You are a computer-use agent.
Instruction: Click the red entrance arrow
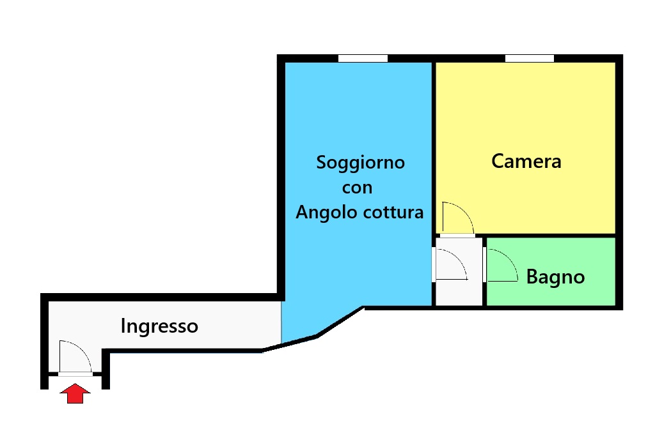[x=75, y=393]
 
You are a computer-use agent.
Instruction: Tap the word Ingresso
[x=159, y=327]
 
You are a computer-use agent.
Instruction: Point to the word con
[x=357, y=188]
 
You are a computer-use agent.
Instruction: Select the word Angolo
[x=326, y=213]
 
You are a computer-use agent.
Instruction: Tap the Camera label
[x=526, y=162]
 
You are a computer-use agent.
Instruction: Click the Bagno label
[x=555, y=277]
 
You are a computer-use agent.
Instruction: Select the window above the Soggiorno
[x=363, y=59]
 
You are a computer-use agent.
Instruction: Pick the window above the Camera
[x=530, y=59]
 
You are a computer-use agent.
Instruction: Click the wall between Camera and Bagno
[x=551, y=236]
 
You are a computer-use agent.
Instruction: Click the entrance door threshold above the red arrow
[x=75, y=374]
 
